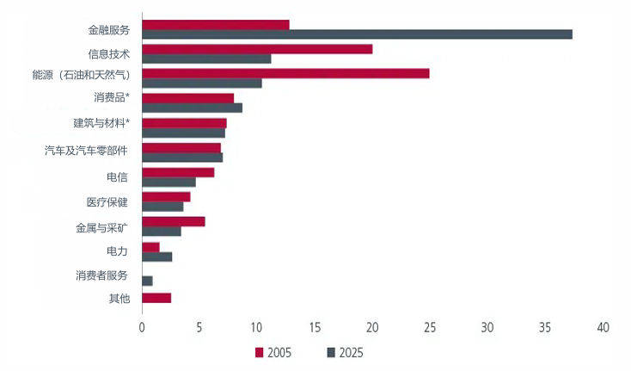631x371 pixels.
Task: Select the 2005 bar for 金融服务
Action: [216, 24]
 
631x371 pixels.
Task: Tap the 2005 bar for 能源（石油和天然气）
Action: [285, 73]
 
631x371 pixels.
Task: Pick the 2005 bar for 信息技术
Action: [257, 49]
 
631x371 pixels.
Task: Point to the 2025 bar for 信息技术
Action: [206, 59]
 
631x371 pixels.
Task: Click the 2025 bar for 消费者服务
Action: [147, 281]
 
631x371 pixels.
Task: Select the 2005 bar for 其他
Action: [156, 298]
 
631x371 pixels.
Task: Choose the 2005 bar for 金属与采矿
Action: [174, 221]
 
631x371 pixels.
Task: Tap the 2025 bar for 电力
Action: [157, 257]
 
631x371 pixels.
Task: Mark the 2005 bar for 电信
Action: [178, 172]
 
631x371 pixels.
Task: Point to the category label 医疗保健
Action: [107, 202]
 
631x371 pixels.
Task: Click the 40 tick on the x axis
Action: [603, 328]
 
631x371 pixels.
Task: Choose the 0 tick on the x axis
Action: [142, 328]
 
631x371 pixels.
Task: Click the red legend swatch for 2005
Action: [258, 352]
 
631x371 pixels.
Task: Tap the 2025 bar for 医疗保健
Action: [162, 207]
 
